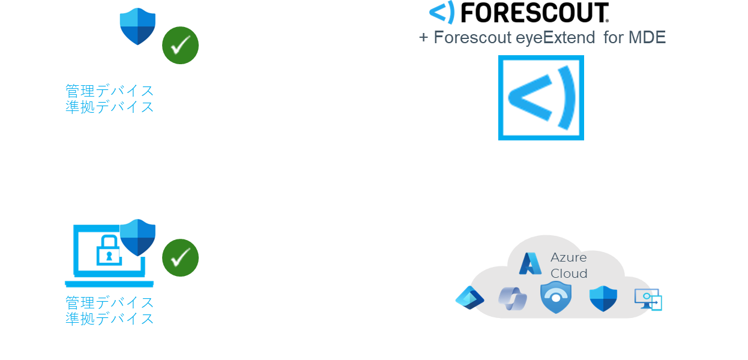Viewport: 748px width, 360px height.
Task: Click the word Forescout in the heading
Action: coord(472,38)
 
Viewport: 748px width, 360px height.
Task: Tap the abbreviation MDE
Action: coord(647,38)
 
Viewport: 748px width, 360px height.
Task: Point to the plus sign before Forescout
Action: coord(424,38)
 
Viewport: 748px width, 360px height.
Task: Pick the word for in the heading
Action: coord(614,38)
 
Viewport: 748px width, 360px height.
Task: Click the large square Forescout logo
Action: coord(541,98)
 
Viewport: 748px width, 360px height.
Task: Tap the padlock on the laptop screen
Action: coord(108,251)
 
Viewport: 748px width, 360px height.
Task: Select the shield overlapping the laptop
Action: coord(138,238)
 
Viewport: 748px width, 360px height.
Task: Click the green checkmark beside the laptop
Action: coord(180,257)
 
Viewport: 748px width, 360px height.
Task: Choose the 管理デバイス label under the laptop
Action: coord(109,302)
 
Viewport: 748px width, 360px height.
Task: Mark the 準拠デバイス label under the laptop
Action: coord(109,319)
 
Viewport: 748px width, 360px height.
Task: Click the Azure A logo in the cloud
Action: coord(530,263)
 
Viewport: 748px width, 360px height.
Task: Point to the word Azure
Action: coord(569,257)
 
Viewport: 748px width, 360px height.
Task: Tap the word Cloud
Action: coord(569,274)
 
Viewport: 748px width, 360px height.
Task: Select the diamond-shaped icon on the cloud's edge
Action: coord(469,298)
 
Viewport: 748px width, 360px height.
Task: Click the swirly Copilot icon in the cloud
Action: coord(512,298)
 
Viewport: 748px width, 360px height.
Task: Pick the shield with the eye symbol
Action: coord(556,297)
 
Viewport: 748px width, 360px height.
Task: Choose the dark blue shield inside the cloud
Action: coord(603,298)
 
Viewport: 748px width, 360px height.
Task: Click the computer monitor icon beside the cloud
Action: coord(648,299)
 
